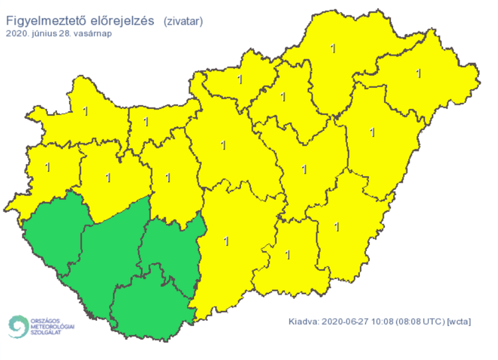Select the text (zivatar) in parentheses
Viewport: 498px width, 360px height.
tap(183, 22)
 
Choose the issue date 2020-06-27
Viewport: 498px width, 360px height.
tap(349, 323)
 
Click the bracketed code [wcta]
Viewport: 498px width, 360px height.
tap(459, 323)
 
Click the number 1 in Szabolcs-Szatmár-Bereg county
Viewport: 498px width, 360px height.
tap(418, 72)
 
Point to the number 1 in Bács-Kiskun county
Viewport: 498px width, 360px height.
tap(226, 240)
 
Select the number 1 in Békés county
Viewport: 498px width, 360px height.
tap(337, 226)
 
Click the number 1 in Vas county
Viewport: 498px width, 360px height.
tap(47, 166)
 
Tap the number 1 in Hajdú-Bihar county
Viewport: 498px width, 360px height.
tap(372, 132)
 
